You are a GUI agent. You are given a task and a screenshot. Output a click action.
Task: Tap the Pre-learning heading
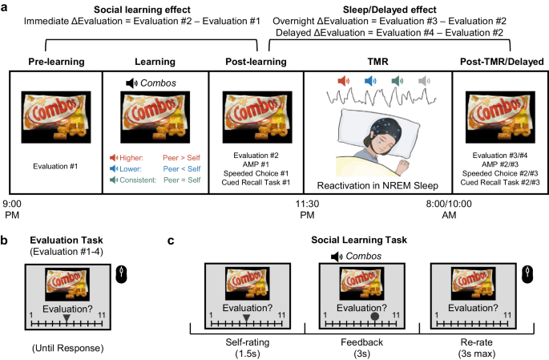point(55,61)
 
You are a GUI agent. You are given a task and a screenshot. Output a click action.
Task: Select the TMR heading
point(377,61)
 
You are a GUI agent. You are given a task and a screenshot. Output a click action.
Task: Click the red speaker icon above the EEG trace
point(345,81)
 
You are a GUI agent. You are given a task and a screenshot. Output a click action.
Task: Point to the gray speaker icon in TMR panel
point(424,81)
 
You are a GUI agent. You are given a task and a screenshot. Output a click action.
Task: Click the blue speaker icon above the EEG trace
point(370,81)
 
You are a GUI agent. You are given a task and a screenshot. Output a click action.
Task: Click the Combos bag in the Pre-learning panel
point(54,115)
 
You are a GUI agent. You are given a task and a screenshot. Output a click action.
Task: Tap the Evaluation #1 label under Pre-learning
point(55,167)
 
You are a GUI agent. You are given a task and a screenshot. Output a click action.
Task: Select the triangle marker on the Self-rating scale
point(246,318)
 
